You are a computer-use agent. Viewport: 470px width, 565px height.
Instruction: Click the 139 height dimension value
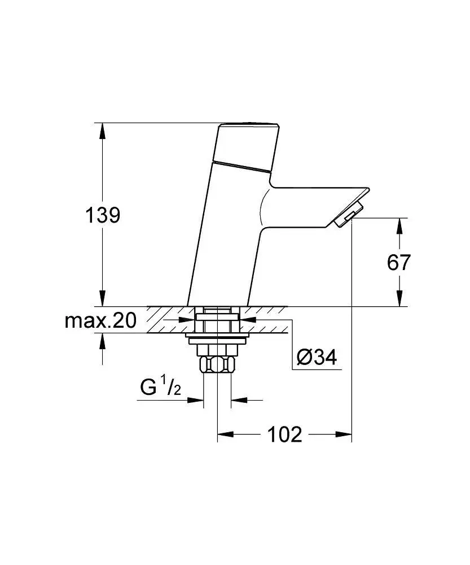click(x=102, y=215)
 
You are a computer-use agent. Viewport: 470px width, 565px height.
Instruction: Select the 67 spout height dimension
click(x=398, y=262)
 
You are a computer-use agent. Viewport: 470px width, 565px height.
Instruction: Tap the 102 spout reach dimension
click(x=284, y=434)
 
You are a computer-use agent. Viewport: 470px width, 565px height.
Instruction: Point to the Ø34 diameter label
click(x=316, y=357)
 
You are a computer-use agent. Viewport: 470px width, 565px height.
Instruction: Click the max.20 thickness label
click(x=100, y=321)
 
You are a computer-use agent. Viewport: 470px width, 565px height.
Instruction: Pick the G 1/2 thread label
click(x=159, y=388)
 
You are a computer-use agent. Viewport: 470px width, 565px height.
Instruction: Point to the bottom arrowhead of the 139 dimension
click(x=102, y=298)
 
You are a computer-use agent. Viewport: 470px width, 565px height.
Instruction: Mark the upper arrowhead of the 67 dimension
click(x=399, y=226)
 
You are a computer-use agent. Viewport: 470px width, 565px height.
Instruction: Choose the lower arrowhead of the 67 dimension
click(x=399, y=298)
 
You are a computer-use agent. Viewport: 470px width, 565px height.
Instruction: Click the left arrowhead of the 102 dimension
click(x=225, y=434)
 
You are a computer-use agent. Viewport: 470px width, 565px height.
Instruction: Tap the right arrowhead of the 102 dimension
click(x=344, y=434)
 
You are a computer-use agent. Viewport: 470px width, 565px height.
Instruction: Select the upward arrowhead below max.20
click(x=102, y=341)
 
